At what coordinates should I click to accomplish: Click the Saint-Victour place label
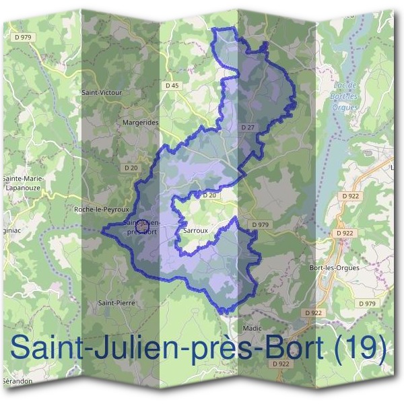click(100, 92)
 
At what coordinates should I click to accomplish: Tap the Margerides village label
click(141, 123)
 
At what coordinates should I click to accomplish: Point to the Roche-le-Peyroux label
click(102, 209)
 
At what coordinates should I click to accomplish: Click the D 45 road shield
click(172, 86)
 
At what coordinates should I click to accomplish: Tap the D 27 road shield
click(247, 127)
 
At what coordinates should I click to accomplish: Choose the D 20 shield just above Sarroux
click(208, 195)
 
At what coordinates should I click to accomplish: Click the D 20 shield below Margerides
click(131, 167)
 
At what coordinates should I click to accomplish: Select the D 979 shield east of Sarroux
click(259, 224)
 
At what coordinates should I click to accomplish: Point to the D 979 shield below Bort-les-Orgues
click(367, 304)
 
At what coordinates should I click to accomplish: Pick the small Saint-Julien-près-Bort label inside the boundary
click(141, 227)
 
